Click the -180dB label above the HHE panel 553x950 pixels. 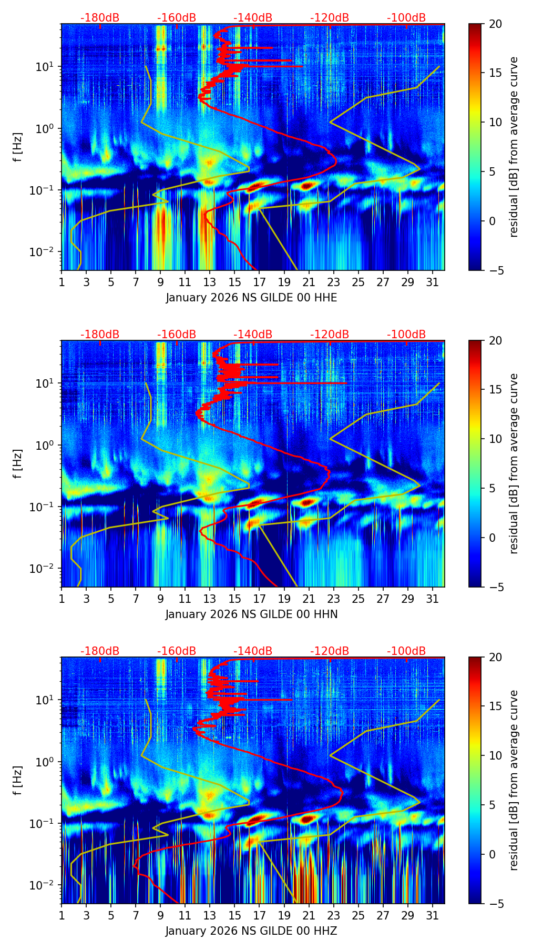tap(100, 18)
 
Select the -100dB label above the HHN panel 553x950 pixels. tap(406, 335)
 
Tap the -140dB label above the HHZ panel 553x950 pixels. tap(253, 651)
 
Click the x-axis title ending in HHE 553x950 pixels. tap(251, 298)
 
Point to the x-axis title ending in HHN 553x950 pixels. tap(251, 614)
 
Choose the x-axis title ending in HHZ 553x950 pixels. tap(251, 931)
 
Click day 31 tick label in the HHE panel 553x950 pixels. tap(432, 282)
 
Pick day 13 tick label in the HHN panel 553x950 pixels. tap(210, 599)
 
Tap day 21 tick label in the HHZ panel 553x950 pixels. tap(309, 915)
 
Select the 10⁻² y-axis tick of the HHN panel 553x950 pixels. tap(47, 569)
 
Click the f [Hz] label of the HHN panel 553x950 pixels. tap(18, 463)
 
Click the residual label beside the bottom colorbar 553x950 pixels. tap(514, 780)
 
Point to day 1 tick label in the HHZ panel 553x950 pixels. tap(62, 915)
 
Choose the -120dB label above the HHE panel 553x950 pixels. tap(330, 18)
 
